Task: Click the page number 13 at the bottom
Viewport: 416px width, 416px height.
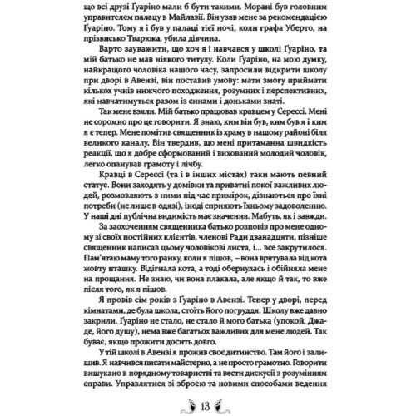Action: coord(208,405)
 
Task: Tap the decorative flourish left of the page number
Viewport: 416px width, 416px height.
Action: coord(187,405)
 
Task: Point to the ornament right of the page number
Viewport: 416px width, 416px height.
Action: coord(229,405)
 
